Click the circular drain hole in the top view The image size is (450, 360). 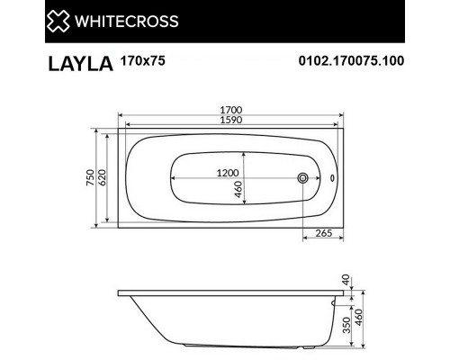pyautogui.click(x=304, y=178)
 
